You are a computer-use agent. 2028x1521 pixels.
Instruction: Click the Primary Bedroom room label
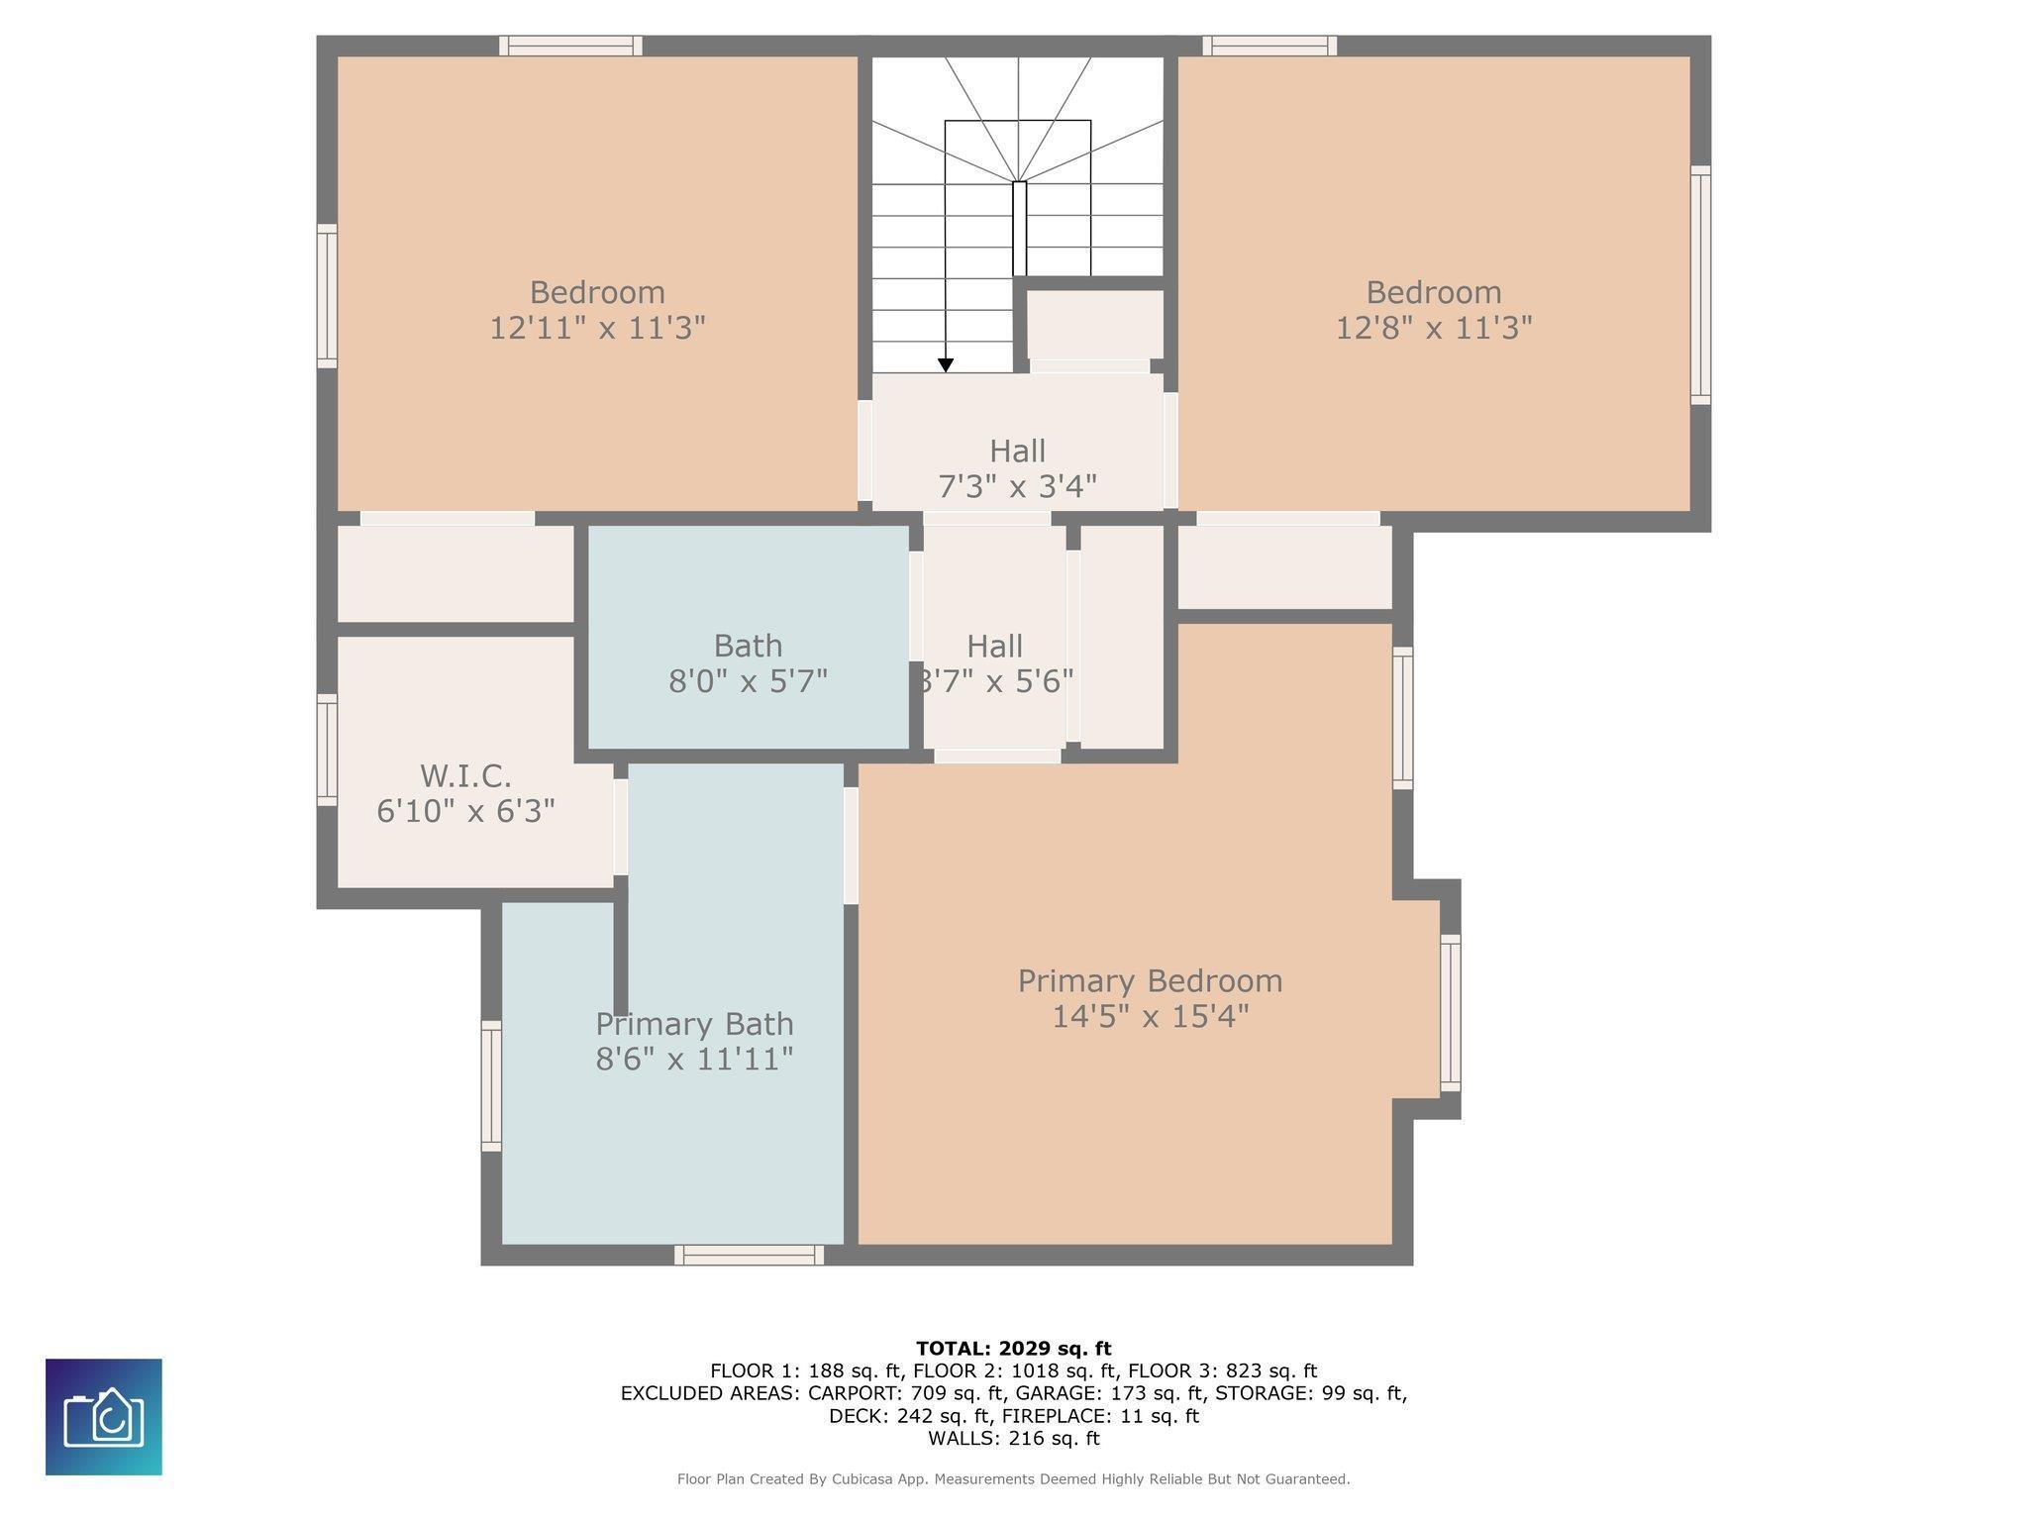(1150, 981)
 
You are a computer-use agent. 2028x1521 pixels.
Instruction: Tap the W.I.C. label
(465, 775)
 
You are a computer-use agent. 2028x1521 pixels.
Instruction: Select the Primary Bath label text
(694, 1024)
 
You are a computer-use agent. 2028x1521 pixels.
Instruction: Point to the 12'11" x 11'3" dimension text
(597, 328)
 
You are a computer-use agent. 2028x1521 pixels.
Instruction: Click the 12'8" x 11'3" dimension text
(1434, 328)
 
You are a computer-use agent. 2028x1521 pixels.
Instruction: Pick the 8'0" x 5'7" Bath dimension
(748, 681)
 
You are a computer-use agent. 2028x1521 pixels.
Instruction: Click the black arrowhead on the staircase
(946, 365)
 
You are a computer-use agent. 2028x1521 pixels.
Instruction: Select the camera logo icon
(104, 1417)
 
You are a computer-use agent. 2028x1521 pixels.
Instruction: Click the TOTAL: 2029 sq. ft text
(1014, 1349)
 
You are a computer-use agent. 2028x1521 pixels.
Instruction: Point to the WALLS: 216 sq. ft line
(1014, 1438)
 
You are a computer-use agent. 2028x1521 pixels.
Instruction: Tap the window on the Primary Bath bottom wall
(749, 1255)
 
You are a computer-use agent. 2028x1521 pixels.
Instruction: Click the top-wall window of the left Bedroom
(571, 46)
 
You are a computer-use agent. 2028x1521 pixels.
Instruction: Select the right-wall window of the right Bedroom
(1700, 285)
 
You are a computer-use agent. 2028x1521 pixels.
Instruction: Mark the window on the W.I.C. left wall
(327, 750)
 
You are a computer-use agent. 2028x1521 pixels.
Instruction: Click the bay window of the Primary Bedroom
(1450, 1012)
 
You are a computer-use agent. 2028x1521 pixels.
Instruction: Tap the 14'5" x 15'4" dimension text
(1150, 1017)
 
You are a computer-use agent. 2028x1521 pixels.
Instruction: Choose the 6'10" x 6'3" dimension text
(465, 811)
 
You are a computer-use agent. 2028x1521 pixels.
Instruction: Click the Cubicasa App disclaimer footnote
(1014, 1479)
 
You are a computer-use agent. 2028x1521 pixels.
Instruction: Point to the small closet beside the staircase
(1094, 324)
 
